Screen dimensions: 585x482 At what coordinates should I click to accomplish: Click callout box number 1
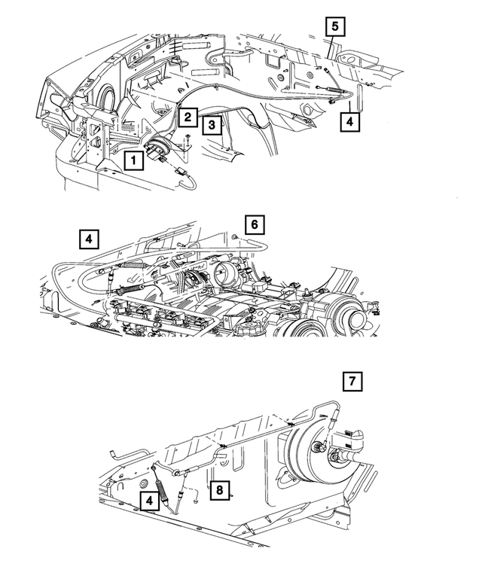point(133,160)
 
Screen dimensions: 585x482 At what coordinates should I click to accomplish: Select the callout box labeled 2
point(188,117)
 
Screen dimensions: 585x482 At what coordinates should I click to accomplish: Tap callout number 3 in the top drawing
point(212,124)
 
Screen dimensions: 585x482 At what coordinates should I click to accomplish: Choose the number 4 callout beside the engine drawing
point(89,239)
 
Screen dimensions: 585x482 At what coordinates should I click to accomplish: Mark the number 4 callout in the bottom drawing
point(149,500)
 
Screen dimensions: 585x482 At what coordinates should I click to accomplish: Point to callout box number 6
point(255,224)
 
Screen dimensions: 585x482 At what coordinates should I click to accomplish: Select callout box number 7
point(351,381)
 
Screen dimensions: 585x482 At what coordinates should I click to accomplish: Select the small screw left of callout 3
point(187,138)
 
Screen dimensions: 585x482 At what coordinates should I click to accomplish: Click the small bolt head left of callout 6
point(236,239)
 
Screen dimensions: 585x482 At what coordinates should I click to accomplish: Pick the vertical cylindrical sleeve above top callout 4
point(358,96)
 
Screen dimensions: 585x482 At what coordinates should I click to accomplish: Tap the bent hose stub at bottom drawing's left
point(117,454)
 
